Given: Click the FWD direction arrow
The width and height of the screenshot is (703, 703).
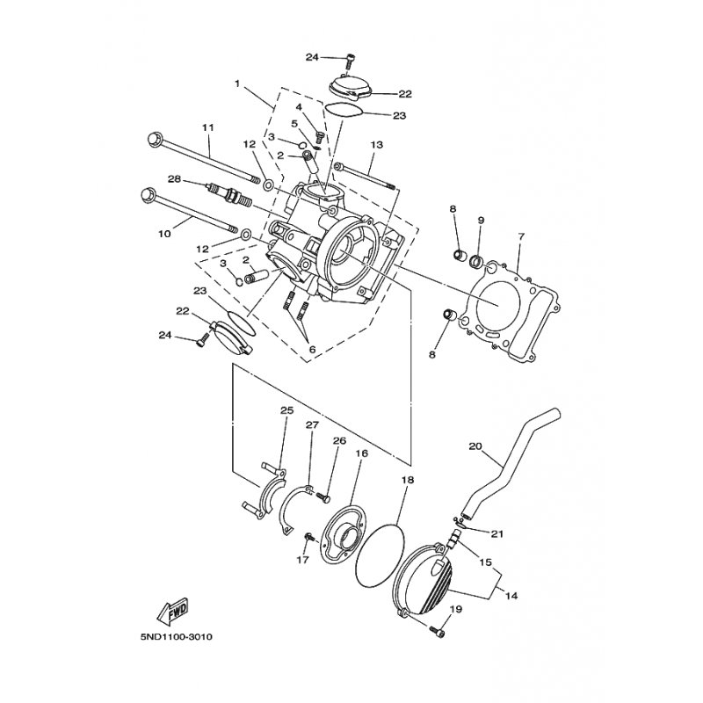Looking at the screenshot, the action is pos(172,612).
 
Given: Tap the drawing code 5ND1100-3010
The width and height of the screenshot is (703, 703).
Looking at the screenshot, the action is pos(177,636).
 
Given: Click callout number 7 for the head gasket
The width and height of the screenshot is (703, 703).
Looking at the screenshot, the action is pos(520,236).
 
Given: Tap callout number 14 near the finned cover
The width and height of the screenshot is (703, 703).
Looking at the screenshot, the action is pos(511,596).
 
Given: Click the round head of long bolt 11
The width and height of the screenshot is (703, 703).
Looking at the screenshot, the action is pos(154,138).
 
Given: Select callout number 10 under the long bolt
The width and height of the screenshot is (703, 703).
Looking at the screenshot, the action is pos(164,234).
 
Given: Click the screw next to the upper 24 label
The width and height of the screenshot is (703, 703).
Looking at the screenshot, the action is pos(350,62).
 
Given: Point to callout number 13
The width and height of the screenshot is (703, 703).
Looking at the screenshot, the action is pos(377,145).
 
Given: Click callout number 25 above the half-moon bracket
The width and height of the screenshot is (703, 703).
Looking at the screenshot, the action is pos(287,410).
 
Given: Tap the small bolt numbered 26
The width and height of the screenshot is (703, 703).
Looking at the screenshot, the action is pos(323,496).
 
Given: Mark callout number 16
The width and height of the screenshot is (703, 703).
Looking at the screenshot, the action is pos(361,453).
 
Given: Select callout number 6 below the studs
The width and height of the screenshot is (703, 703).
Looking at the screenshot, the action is pos(312,349).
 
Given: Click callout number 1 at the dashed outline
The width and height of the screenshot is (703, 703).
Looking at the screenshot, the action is pos(237,83).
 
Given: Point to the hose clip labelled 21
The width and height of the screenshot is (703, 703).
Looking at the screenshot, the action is pos(459,522).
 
